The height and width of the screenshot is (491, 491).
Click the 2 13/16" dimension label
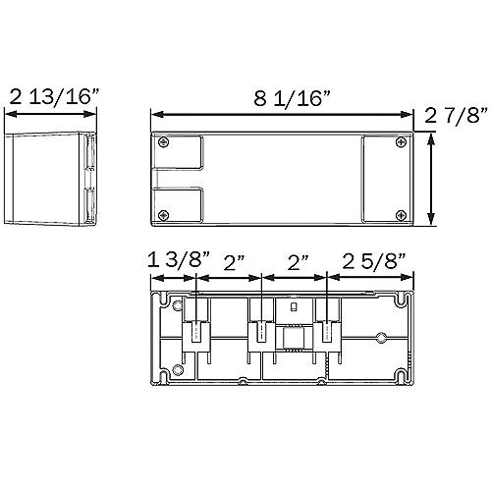(54, 96)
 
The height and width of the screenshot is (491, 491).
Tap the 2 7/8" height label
(457, 115)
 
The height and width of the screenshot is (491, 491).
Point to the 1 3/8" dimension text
(179, 260)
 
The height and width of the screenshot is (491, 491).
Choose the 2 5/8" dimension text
(374, 261)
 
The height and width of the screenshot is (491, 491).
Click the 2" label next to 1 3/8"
(234, 262)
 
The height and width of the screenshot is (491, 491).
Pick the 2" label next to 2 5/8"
(298, 262)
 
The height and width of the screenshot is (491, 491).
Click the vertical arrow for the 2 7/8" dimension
(431, 179)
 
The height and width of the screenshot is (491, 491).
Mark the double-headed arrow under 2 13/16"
(50, 114)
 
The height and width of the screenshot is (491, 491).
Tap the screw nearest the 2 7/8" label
(401, 142)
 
